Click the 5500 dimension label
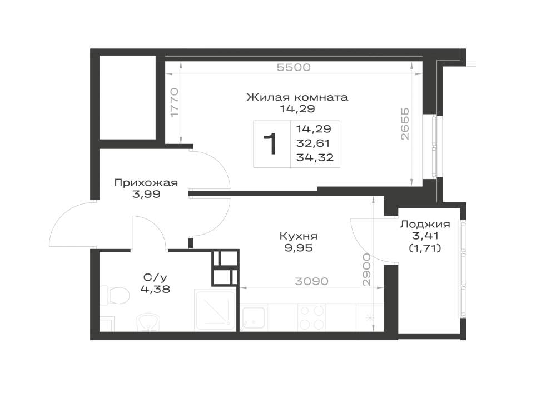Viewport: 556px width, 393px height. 294,67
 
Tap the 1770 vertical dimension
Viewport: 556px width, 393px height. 174,103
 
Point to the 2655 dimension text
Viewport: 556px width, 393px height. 405,124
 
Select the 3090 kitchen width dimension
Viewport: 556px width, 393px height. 312,281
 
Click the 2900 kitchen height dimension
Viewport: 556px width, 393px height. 366,270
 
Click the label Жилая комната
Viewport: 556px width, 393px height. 297,97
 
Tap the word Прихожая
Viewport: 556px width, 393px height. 146,183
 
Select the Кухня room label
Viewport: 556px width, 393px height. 299,236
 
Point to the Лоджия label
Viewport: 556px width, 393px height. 425,225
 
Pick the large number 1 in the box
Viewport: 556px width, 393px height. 272,144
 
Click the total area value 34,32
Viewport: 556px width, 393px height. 315,157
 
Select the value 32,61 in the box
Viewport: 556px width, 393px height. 313,143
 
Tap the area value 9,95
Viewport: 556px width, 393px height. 299,248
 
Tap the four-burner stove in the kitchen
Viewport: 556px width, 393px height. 312,317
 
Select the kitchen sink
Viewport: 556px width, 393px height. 252,318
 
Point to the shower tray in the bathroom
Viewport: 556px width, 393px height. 215,310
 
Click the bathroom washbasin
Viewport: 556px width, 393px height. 149,321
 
